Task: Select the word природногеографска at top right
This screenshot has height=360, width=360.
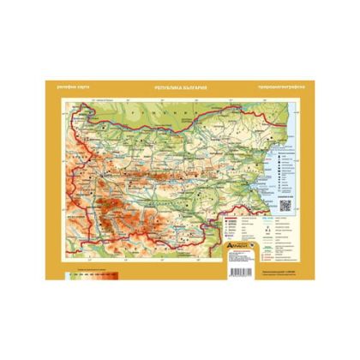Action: tap(275, 88)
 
